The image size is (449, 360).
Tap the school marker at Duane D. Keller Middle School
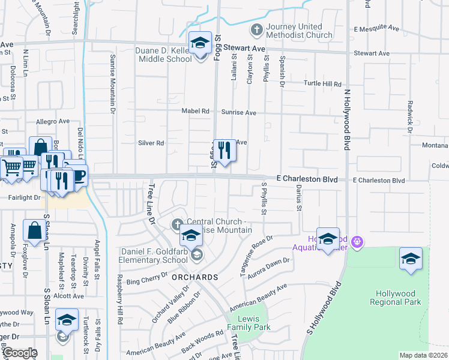tap(200, 44)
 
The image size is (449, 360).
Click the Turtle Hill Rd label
tap(322, 84)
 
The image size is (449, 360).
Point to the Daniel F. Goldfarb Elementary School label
tap(155, 256)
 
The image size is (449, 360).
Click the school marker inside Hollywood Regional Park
tap(411, 259)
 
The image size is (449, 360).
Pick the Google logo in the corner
tap(19, 353)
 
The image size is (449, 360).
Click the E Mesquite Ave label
tap(376, 28)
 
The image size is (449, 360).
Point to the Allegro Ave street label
tap(54, 122)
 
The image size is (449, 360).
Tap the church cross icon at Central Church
tap(177, 224)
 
